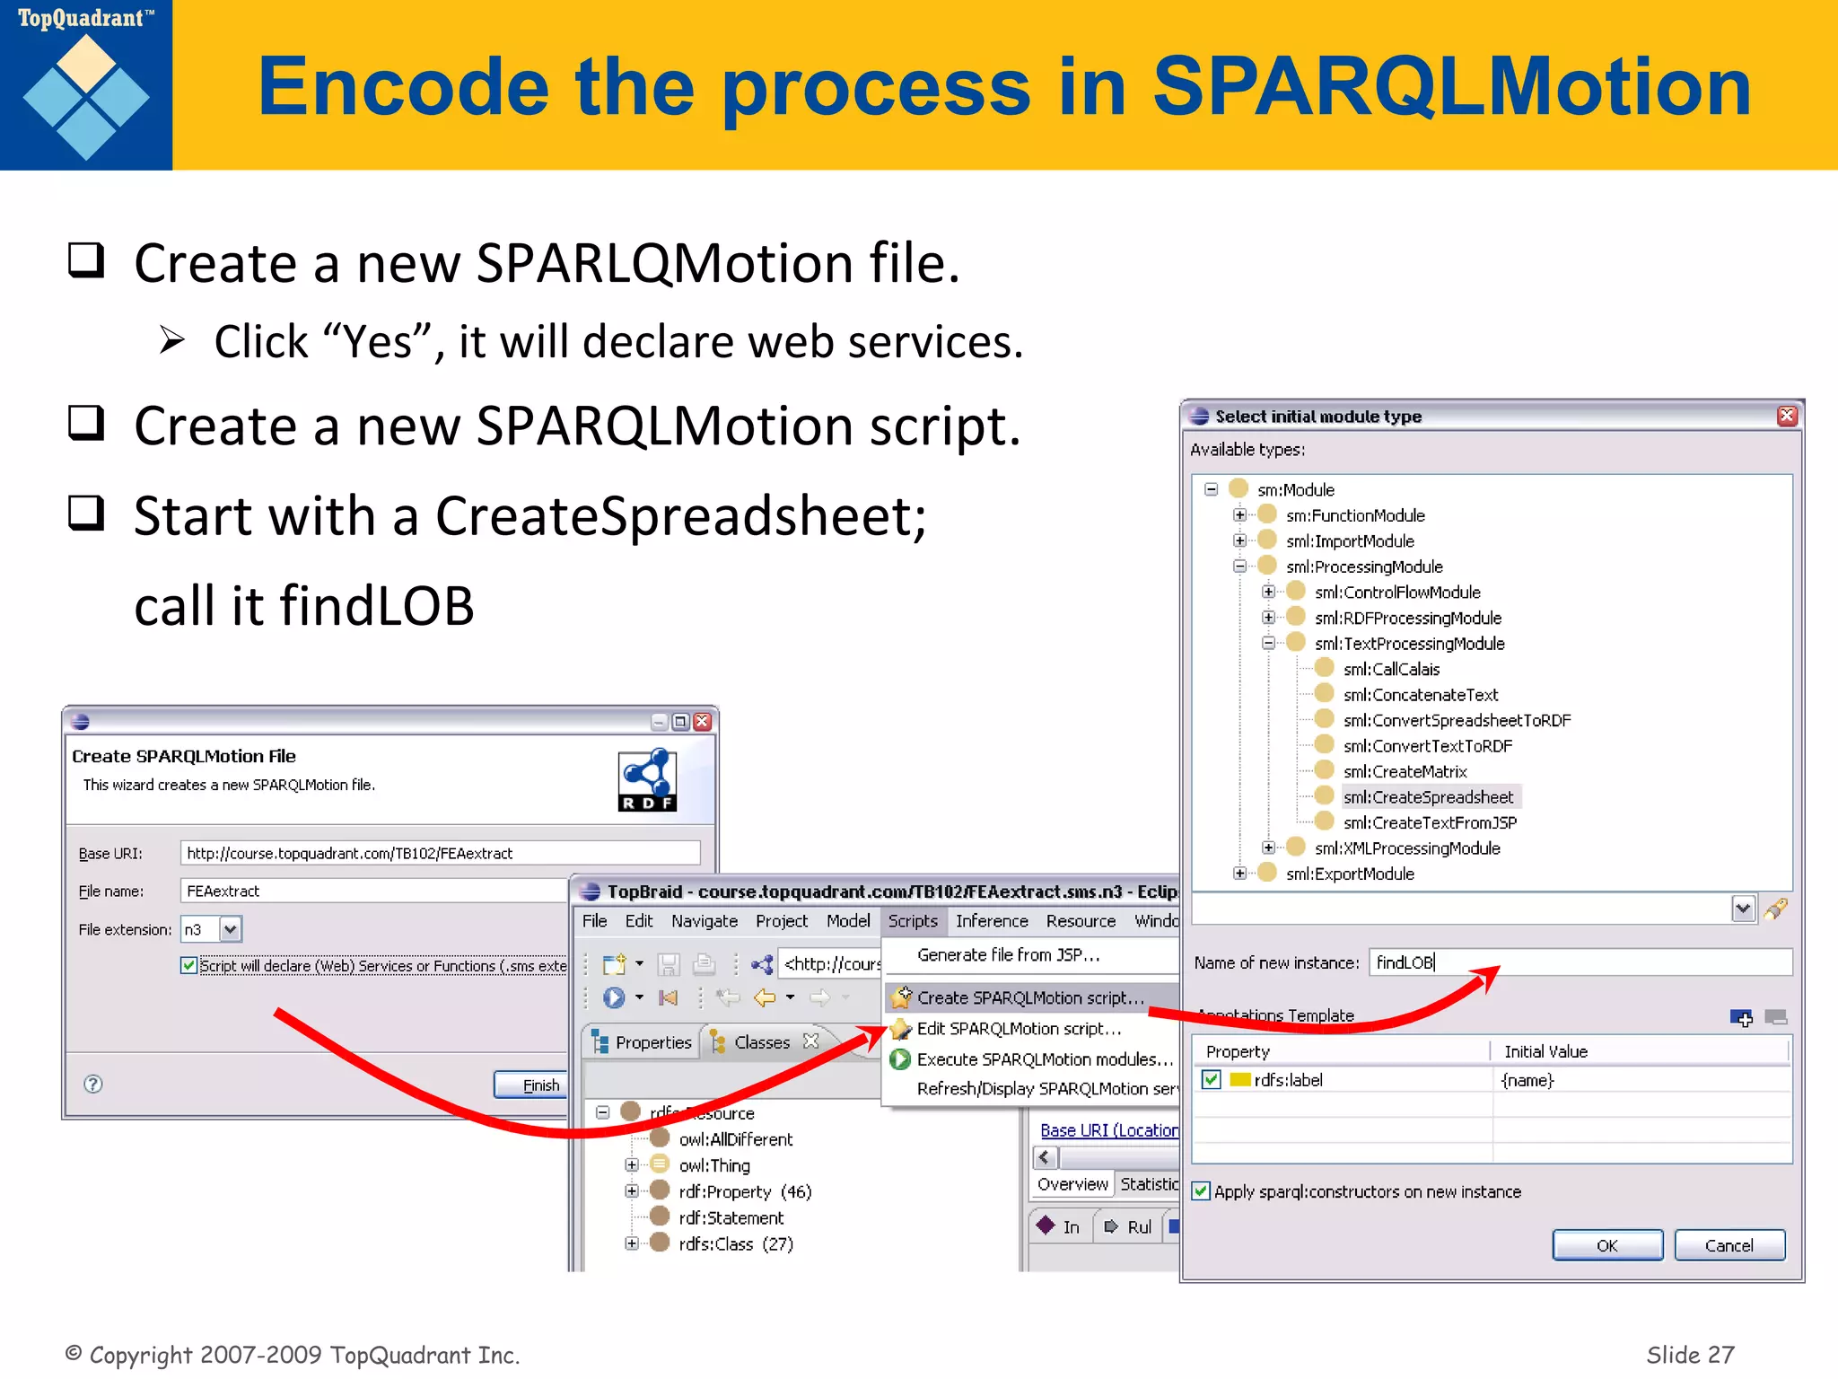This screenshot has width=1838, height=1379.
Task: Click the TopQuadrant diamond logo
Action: (x=86, y=97)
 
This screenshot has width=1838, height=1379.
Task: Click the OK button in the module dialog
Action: (x=1606, y=1245)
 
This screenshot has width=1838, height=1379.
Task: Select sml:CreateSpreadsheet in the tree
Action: (x=1427, y=797)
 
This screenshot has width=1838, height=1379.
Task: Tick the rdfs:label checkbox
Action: (x=1212, y=1079)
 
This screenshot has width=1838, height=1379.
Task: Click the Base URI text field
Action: (x=440, y=853)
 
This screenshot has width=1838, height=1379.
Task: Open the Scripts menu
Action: (x=912, y=921)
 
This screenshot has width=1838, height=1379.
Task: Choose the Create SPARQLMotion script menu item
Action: (x=1029, y=997)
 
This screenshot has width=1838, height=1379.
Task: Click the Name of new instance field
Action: (x=1580, y=962)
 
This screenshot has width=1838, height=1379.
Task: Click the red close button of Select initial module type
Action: (x=1787, y=416)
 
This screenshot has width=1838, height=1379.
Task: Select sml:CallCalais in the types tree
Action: (x=1390, y=669)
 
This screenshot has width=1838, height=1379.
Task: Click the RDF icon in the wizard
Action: (x=647, y=780)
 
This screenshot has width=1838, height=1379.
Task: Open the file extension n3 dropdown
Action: (x=231, y=929)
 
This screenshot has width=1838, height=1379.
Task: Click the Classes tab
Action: (x=761, y=1042)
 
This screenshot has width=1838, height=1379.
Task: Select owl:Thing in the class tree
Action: (x=713, y=1165)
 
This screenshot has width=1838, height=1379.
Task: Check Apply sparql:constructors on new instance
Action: (x=1201, y=1191)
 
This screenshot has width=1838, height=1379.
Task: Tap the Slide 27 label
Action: (x=1689, y=1354)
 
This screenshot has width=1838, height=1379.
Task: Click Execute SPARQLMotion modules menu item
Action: (x=1044, y=1059)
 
